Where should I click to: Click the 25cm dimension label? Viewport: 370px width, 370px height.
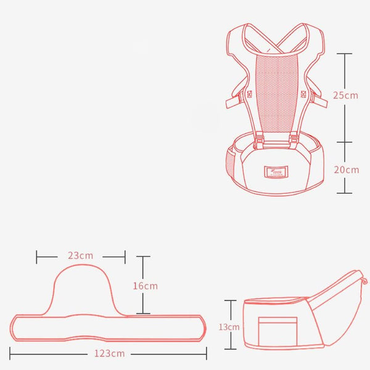(x=345, y=96)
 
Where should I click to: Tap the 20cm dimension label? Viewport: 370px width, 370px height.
(x=345, y=170)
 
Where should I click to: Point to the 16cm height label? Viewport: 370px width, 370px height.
(x=146, y=286)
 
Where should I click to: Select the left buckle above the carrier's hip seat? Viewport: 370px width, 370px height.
(x=258, y=142)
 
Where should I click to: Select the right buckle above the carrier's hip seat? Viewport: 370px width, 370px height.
(x=294, y=142)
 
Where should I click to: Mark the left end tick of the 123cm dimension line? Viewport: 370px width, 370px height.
(x=10, y=354)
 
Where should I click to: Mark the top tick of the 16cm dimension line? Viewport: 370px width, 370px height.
(x=143, y=258)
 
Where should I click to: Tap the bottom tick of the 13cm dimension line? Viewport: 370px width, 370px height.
(x=231, y=349)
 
